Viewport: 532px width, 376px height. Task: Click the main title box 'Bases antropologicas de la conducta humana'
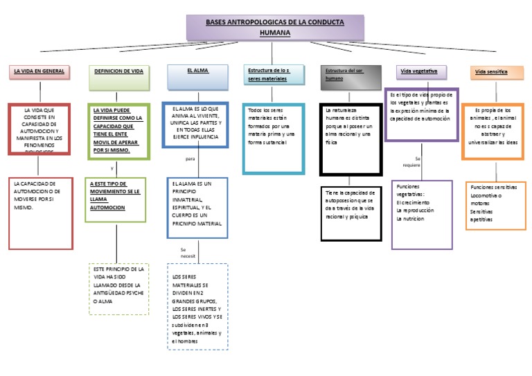(x=275, y=28)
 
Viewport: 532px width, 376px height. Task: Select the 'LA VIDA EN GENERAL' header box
(x=39, y=71)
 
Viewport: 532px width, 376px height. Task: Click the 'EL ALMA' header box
(x=197, y=71)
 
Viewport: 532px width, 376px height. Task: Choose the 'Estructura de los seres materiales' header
(x=274, y=74)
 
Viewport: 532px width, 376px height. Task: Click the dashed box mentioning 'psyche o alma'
(x=119, y=288)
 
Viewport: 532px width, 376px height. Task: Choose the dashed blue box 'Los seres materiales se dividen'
(x=197, y=307)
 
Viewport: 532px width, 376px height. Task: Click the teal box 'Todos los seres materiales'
(x=274, y=137)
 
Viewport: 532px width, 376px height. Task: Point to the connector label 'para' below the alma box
(x=191, y=159)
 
